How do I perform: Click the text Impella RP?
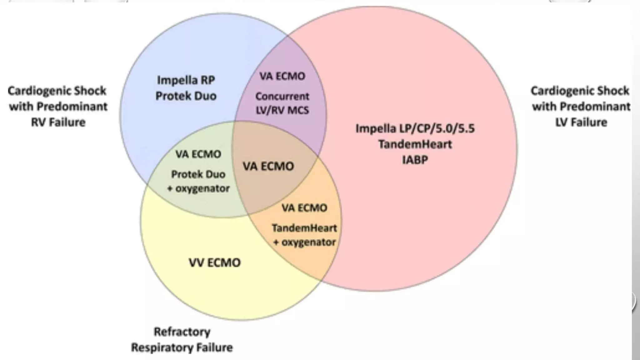coord(186,80)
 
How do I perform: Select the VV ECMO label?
coord(215,262)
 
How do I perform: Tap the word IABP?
coord(415,160)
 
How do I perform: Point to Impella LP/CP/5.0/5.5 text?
coord(415,128)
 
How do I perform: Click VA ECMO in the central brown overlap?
coord(268,166)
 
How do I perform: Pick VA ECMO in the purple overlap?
coord(282,76)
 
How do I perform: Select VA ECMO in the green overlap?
coord(198,154)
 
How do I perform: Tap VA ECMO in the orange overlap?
coord(304,208)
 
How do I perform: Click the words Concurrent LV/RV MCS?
coord(282,103)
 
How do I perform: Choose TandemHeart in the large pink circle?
coord(415,144)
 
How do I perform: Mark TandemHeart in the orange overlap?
coord(304,228)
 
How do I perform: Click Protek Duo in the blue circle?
coord(186,96)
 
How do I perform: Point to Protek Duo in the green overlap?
coord(198,174)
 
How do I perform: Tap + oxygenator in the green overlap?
coord(198,188)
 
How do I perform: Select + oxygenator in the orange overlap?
coord(304,242)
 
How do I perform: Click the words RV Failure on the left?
coord(58,122)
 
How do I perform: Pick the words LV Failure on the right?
coord(581,122)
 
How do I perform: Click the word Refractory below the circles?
coord(182,332)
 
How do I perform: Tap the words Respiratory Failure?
coord(182,347)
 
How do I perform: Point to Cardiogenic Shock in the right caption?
coord(580,91)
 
